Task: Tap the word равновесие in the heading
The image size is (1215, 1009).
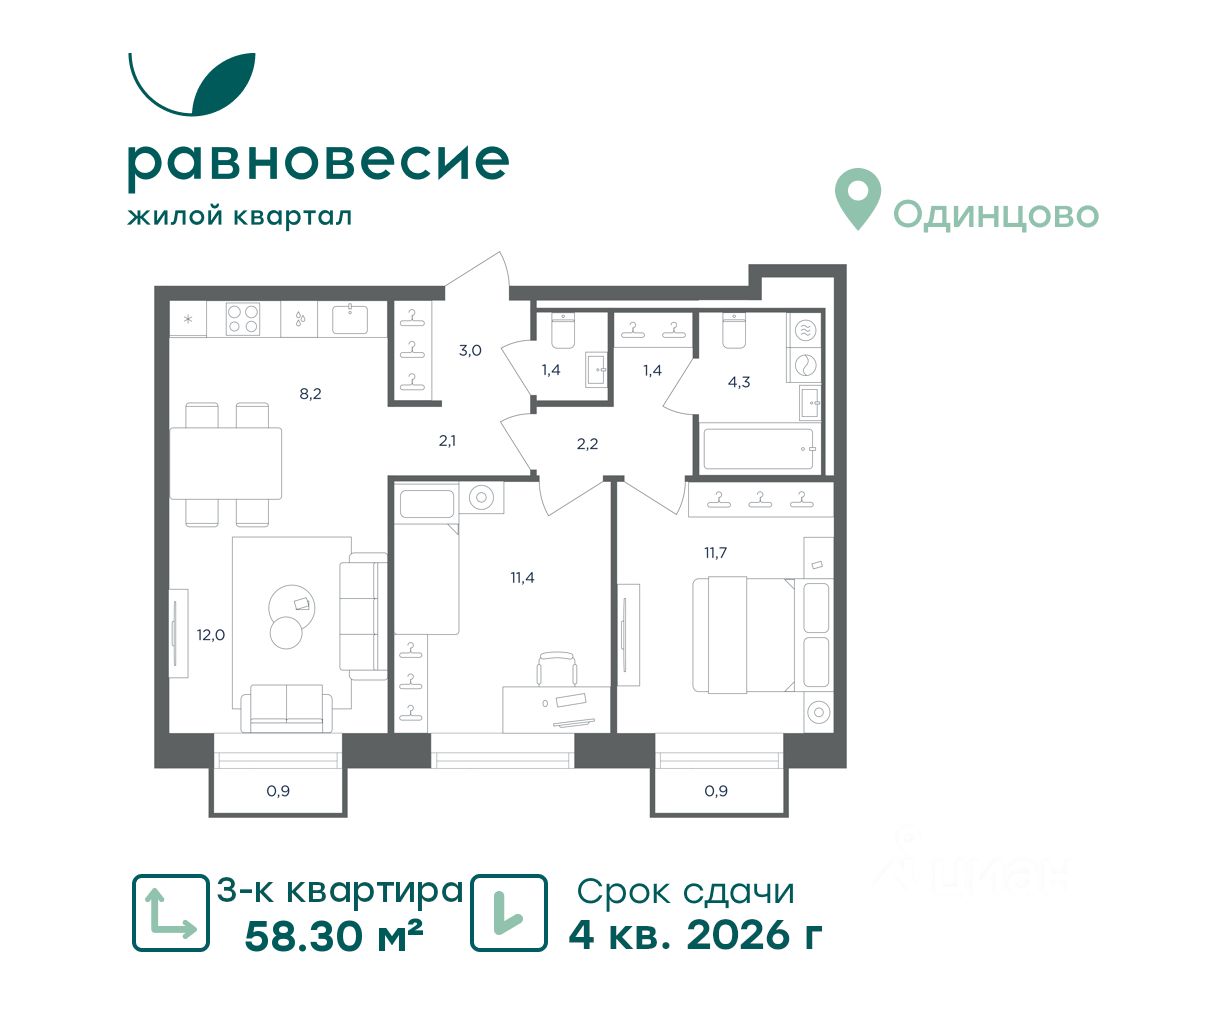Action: point(318,163)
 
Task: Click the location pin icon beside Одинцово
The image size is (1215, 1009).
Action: point(858,198)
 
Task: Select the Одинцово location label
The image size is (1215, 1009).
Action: point(996,215)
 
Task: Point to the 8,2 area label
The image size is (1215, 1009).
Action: point(310,394)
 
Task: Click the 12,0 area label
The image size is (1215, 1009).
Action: point(211,635)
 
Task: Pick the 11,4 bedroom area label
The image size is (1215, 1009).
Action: point(522,578)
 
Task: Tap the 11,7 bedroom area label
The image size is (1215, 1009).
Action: point(715,553)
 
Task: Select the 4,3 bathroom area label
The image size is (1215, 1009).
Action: point(739,382)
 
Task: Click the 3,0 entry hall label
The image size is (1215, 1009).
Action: point(470,350)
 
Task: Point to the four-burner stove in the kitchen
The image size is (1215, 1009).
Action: point(243,319)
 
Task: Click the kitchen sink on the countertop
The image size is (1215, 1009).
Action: point(350,318)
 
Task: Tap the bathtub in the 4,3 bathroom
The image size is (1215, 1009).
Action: point(759,449)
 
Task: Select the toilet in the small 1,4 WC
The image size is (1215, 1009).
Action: point(563,329)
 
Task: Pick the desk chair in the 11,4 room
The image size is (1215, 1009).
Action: point(557,669)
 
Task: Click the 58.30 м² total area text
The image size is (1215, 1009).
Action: point(334,936)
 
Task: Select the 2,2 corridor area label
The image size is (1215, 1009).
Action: point(587,445)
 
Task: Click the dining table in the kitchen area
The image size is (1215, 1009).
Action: point(226,463)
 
